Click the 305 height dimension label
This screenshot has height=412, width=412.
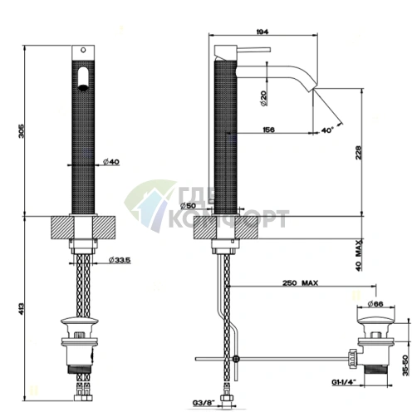click(x=22, y=131)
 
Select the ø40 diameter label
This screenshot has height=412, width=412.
click(x=111, y=162)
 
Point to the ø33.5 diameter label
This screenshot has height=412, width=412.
click(x=120, y=260)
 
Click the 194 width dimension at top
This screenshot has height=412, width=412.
click(x=262, y=32)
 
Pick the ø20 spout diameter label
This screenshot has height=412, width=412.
click(x=263, y=98)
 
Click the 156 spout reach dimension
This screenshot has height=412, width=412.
click(x=268, y=130)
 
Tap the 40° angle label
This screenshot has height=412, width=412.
click(x=327, y=130)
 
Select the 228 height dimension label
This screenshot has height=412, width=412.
click(x=358, y=153)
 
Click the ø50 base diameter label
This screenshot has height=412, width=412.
click(x=188, y=206)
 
